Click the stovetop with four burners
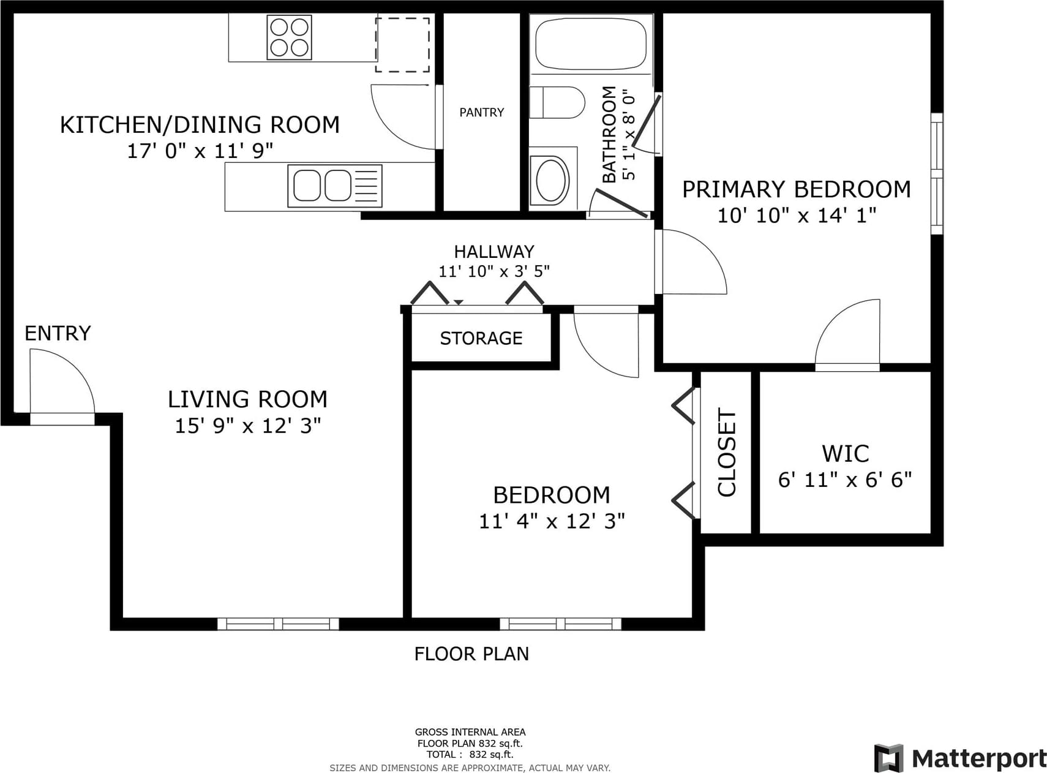click(289, 37)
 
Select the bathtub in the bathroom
click(591, 43)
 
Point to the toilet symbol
click(557, 102)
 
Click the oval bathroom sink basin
click(552, 180)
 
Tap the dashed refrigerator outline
click(402, 45)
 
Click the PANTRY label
click(482, 112)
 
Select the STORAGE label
click(481, 338)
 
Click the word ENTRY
click(58, 333)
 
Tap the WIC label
click(846, 454)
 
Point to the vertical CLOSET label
click(727, 453)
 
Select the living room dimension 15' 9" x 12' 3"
click(248, 426)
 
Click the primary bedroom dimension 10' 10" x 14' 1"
click(797, 216)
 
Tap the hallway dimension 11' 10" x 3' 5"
click(494, 271)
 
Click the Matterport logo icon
click(889, 758)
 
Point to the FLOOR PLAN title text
click(471, 654)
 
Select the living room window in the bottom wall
click(278, 624)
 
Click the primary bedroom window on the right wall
click(937, 173)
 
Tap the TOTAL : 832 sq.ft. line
click(470, 755)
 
